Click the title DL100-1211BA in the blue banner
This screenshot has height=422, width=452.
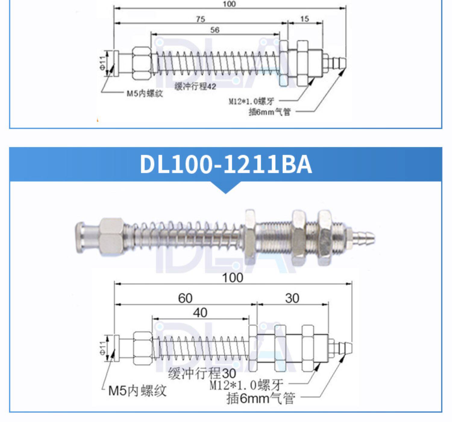tap(226, 164)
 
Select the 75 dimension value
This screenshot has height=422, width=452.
tap(201, 19)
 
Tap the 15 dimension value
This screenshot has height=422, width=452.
tap(305, 19)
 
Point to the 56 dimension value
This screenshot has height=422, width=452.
tap(215, 30)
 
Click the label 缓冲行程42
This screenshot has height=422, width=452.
tap(195, 86)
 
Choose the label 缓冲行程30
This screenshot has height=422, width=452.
tap(202, 373)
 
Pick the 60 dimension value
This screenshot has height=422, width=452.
tap(185, 298)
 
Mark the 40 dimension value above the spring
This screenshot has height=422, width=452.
tap(200, 312)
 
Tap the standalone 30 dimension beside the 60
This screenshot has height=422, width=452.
tap(292, 298)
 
